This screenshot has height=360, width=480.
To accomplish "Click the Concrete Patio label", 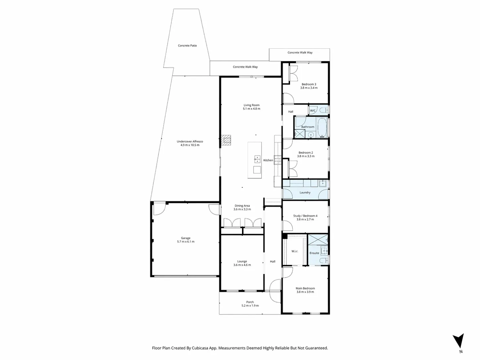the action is click(x=187, y=45).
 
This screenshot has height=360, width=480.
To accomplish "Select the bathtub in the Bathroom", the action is click(x=322, y=128).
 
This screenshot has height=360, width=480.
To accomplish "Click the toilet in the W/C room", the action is click(x=324, y=110).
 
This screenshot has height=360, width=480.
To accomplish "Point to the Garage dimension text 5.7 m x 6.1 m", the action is click(x=186, y=242).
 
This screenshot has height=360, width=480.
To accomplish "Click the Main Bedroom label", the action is click(x=305, y=288).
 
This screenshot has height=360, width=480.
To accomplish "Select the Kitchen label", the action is click(x=268, y=160).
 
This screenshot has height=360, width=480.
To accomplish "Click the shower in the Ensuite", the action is click(x=318, y=240).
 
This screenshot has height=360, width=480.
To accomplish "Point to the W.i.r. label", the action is click(x=295, y=251).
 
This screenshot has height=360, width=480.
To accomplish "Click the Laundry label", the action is click(x=305, y=192).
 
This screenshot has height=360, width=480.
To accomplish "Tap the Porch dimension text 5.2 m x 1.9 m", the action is click(x=250, y=306).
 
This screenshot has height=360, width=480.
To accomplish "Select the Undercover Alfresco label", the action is click(x=190, y=142).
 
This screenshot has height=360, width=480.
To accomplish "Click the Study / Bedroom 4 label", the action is click(x=305, y=216).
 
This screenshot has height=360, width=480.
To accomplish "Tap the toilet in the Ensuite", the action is click(x=324, y=260).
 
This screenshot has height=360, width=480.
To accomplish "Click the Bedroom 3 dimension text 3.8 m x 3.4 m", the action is click(x=309, y=88).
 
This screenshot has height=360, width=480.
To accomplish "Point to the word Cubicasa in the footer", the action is click(x=200, y=348).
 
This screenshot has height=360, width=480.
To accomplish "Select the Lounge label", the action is click(x=242, y=261).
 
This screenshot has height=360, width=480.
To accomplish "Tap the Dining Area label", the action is click(x=242, y=206).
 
